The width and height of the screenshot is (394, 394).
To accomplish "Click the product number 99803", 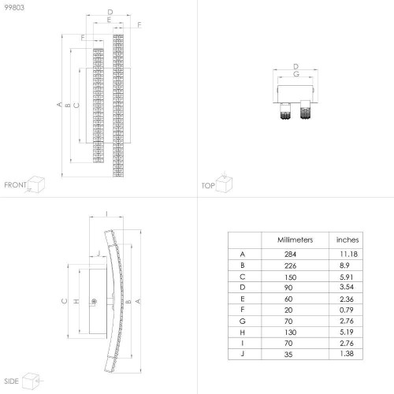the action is tap(14, 7).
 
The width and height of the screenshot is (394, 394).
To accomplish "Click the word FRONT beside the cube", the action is tap(15, 185).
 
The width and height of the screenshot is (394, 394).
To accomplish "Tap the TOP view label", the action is tap(208, 186).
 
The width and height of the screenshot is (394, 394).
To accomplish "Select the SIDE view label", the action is tap(11, 381).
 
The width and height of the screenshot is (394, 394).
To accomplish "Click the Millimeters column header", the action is tap(295, 240).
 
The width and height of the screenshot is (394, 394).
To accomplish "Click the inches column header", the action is tap(348, 240).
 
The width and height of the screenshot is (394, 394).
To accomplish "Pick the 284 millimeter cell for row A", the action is tap(290, 255).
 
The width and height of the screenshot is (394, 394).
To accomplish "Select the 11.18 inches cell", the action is tap(348, 254).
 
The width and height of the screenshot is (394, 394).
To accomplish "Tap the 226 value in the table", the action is tap(290, 266).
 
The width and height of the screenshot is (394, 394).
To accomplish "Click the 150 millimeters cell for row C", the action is tap(290, 277).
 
